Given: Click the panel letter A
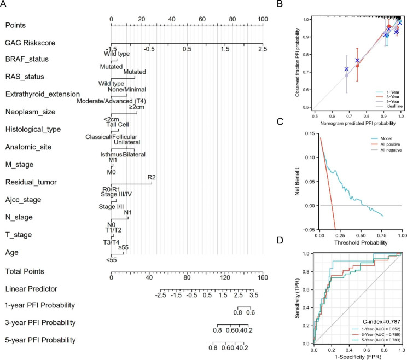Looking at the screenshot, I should (x=5, y=5).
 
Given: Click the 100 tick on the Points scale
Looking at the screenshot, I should (x=263, y=19).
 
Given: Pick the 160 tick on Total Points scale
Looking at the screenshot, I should (x=263, y=278).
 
